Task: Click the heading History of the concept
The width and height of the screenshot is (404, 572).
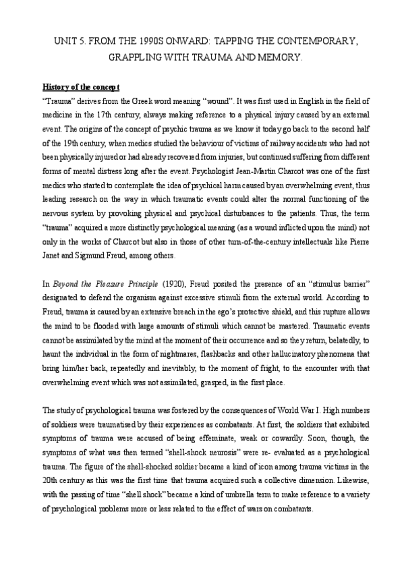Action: [x=81, y=87]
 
